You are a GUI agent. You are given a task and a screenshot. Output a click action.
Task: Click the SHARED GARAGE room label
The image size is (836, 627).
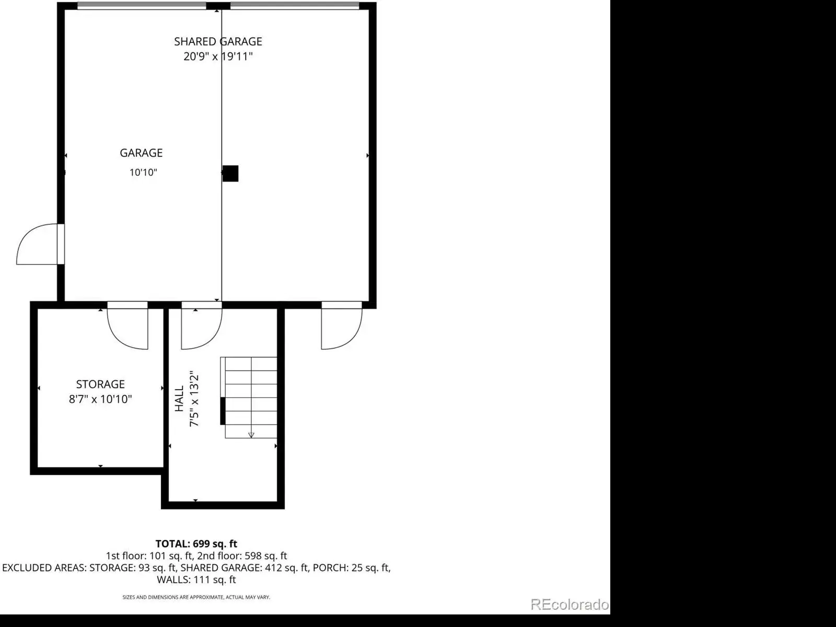tap(218, 41)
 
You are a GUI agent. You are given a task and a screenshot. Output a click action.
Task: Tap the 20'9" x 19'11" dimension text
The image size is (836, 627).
tap(218, 56)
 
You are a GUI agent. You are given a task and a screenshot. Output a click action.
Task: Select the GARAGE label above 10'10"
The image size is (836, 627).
tap(141, 153)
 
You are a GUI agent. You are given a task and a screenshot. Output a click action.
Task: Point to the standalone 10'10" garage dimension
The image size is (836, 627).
tap(143, 172)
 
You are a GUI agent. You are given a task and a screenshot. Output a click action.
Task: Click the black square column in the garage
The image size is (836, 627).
tap(230, 174)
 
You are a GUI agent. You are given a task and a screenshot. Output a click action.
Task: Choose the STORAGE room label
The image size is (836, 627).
tap(100, 384)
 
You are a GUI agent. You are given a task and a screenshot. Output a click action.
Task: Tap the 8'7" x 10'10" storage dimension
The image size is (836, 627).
tap(100, 399)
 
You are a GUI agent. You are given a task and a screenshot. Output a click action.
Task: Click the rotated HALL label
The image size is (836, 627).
tap(179, 398)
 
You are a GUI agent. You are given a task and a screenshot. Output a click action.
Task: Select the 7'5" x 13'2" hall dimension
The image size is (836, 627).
tap(194, 398)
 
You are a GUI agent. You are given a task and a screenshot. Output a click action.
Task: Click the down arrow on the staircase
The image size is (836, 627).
tap(251, 435)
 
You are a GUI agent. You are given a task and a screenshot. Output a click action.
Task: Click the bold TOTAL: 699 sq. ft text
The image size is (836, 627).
tap(196, 543)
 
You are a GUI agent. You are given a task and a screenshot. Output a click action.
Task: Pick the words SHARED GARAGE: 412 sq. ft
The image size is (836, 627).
tap(244, 567)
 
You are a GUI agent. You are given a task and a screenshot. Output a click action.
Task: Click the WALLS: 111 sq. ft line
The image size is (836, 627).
tap(196, 579)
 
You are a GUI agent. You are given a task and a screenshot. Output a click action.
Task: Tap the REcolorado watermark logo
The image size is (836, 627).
tap(570, 604)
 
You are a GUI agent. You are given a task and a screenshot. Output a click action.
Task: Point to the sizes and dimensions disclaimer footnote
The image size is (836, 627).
tap(196, 597)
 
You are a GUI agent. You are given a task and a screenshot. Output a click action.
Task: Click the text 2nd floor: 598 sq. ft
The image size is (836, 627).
tap(242, 556)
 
